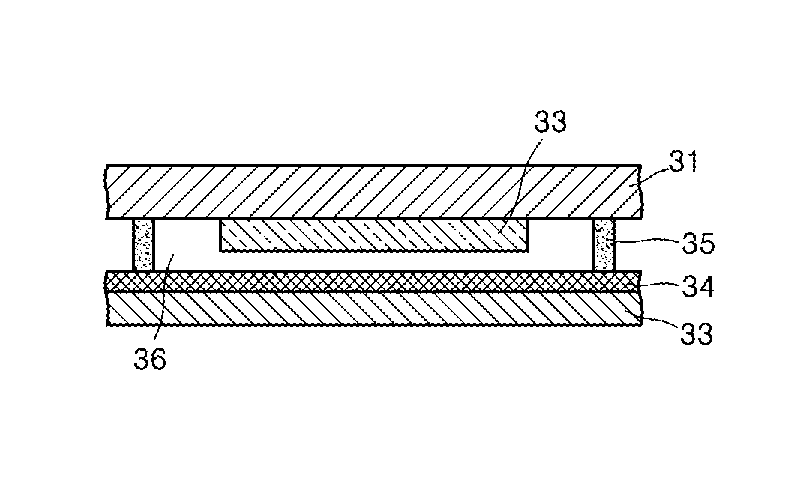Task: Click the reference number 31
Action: (682, 162)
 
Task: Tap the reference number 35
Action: (698, 243)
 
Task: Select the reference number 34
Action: (698, 287)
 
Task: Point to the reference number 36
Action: (150, 360)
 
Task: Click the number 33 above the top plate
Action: (551, 122)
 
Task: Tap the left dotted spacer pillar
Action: (142, 245)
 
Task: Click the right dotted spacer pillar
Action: (604, 245)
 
